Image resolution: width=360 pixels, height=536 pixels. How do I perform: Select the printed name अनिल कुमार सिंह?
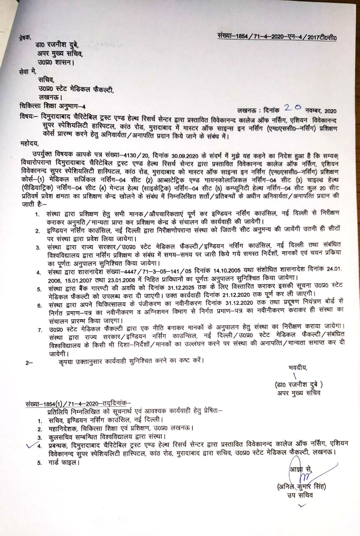301,487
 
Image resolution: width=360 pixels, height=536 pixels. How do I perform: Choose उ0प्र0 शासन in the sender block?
54,63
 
